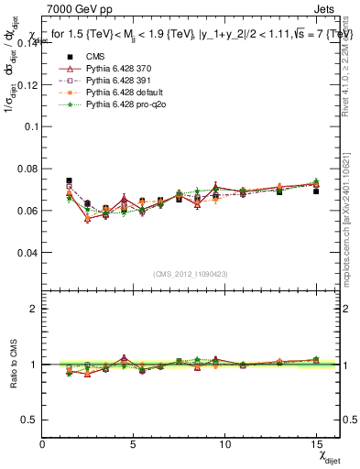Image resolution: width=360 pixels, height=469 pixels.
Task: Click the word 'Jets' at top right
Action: (326, 8)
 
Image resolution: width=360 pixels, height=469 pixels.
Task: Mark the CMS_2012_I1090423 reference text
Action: (190, 273)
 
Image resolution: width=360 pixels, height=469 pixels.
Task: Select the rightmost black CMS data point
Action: (316, 191)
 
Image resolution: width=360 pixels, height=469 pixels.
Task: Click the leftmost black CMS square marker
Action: (70, 181)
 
